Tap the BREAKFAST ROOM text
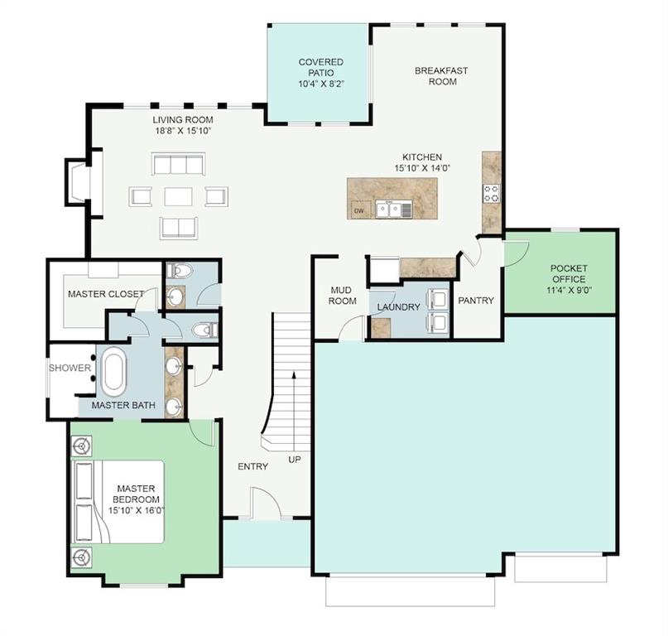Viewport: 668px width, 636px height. click(x=441, y=76)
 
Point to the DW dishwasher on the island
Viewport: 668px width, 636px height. click(x=359, y=210)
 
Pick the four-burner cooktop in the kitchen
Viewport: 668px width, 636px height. click(x=492, y=194)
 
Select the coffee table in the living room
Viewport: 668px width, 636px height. click(x=178, y=196)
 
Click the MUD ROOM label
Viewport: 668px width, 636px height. click(x=343, y=295)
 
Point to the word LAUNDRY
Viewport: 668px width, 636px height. click(x=399, y=307)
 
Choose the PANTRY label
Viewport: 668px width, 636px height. click(x=476, y=301)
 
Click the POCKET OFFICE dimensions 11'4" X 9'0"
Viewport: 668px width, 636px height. click(x=569, y=291)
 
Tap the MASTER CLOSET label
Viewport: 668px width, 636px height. click(x=106, y=294)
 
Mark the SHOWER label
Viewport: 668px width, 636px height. click(x=70, y=368)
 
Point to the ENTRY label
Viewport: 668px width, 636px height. click(x=252, y=466)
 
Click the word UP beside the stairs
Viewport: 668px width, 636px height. click(x=295, y=459)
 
